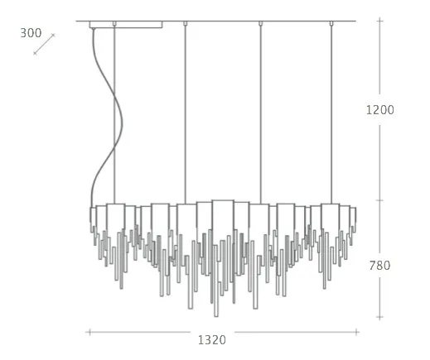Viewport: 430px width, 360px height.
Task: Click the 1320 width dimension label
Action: click(x=212, y=340)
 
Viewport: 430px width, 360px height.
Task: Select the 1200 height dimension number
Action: click(x=380, y=110)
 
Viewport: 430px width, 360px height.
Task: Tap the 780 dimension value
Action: click(x=379, y=266)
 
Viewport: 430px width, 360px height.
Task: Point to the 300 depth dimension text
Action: click(x=31, y=33)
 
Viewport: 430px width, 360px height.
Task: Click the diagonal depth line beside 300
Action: click(x=44, y=44)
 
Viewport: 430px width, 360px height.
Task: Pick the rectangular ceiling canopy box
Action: click(x=126, y=25)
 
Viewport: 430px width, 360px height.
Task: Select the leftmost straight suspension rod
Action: click(x=114, y=114)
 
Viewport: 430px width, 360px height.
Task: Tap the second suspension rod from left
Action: click(x=186, y=114)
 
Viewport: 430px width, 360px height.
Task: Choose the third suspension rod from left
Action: click(x=260, y=114)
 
